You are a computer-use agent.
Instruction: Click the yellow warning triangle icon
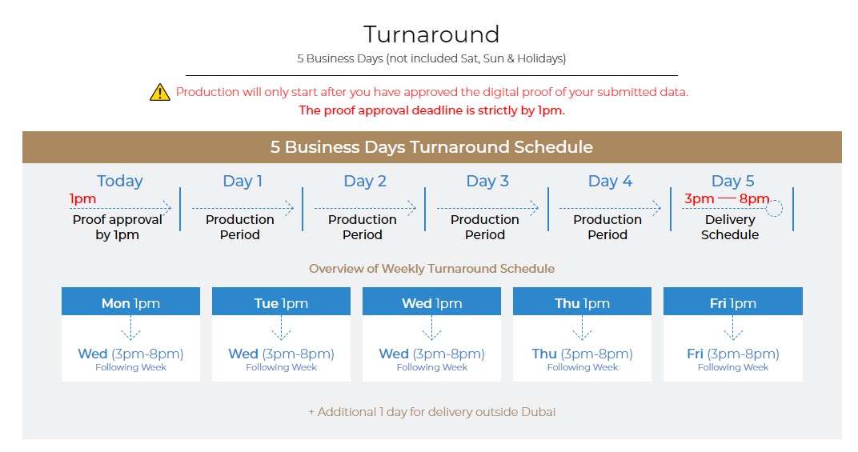(160, 93)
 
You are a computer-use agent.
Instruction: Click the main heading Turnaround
(431, 34)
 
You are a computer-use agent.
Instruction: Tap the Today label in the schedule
(120, 181)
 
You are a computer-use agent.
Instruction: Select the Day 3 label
(487, 181)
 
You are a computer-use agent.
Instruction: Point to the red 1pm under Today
(82, 198)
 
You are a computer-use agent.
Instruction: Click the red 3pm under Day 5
(700, 198)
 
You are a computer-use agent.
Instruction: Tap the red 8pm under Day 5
(754, 198)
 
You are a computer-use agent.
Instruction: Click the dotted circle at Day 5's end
(774, 209)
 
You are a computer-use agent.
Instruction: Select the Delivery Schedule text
(730, 227)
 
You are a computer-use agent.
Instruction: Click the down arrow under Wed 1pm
(431, 328)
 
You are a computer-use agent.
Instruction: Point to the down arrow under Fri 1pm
(733, 328)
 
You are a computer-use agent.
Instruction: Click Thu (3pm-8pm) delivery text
(582, 354)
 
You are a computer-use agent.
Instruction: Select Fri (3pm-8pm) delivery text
(733, 354)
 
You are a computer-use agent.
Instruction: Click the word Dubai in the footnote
(538, 412)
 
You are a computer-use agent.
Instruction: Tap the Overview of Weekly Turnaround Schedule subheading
(431, 269)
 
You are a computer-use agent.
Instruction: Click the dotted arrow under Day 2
(365, 208)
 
